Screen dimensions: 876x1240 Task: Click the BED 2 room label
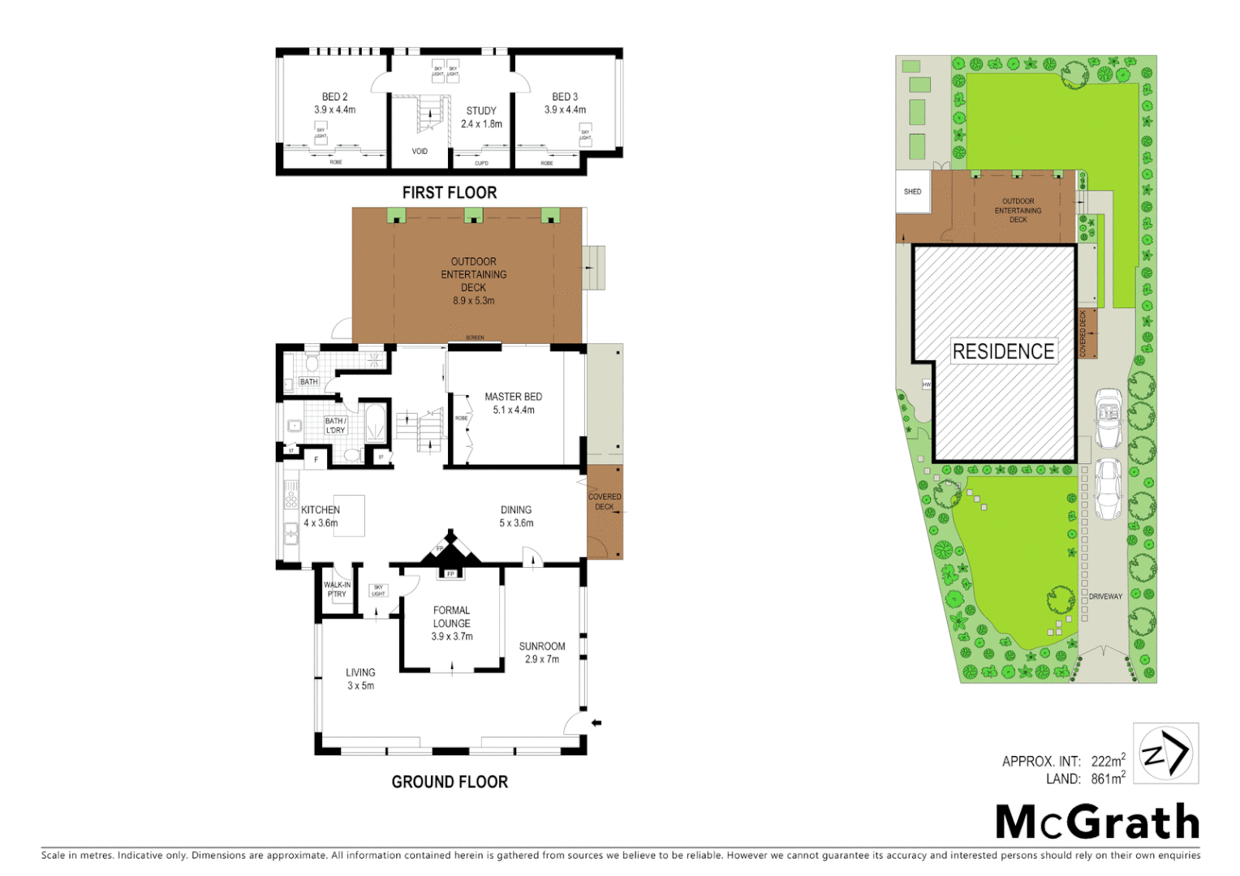click(334, 97)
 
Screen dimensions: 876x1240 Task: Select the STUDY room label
click(481, 111)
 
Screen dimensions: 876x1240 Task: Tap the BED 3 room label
click(565, 97)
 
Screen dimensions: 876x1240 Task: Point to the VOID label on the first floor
click(420, 152)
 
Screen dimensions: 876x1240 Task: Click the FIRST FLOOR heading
click(450, 193)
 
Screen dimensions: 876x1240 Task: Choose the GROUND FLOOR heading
click(450, 782)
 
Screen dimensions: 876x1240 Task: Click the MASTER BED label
click(513, 397)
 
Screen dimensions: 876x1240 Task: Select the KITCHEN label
click(321, 510)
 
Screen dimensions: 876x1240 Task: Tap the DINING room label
click(516, 510)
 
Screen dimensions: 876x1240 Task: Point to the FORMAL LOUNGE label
click(452, 617)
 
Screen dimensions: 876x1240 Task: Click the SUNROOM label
click(542, 646)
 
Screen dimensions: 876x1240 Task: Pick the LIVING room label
click(360, 672)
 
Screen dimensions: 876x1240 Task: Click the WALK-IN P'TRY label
click(337, 590)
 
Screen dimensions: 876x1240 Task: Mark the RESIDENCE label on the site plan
click(1003, 351)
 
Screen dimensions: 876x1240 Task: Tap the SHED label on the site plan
click(912, 192)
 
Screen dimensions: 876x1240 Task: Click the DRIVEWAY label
click(1105, 597)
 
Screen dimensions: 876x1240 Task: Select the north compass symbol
click(1165, 754)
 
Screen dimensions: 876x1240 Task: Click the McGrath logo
click(1097, 822)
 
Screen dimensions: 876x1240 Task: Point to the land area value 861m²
click(1108, 779)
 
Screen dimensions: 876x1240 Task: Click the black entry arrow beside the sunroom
click(596, 723)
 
